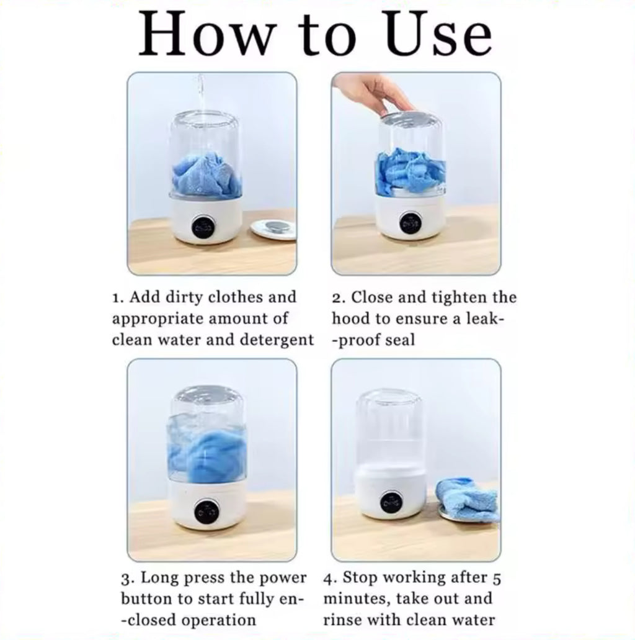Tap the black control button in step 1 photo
202,226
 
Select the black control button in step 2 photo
411,223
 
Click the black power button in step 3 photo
206,512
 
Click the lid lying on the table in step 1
273,230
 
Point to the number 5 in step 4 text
497,579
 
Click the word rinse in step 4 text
342,620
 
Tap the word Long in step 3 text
161,579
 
